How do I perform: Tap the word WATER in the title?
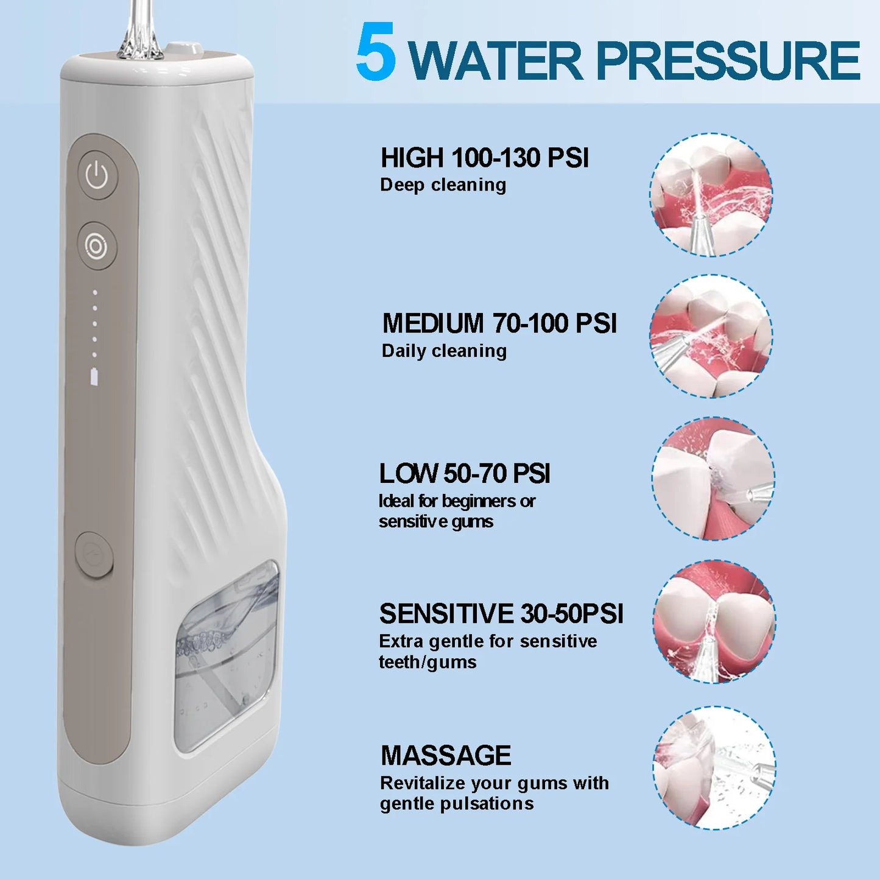(496, 61)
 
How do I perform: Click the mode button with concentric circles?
(97, 245)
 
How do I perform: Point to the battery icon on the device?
(94, 377)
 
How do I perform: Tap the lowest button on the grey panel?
(94, 554)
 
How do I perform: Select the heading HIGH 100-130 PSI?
(485, 158)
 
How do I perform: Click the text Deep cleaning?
(443, 185)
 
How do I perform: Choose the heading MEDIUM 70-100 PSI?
(499, 323)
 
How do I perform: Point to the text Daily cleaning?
(444, 351)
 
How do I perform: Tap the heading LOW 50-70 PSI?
(464, 474)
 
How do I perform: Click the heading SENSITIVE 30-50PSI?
(501, 614)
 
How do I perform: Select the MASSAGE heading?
(446, 756)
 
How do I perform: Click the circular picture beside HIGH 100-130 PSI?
(711, 195)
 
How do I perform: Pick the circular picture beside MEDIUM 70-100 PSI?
(711, 336)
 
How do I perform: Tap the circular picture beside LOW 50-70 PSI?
(713, 479)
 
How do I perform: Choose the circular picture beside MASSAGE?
(714, 768)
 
